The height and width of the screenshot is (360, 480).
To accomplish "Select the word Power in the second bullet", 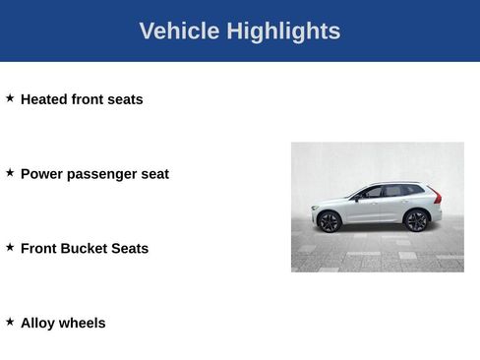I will point(42,174).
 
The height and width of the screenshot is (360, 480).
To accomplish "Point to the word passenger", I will point(103,174).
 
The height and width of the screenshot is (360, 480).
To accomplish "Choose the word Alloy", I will point(37,323).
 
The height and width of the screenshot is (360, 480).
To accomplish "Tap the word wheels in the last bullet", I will point(83,323).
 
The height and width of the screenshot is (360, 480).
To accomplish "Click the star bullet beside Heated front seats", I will point(10,98).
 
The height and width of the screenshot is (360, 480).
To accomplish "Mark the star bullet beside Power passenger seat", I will point(10,173).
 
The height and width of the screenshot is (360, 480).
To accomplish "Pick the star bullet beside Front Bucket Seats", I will point(10,247).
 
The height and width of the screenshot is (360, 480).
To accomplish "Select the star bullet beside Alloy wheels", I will point(10,322).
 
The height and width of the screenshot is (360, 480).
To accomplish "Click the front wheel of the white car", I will point(329,221).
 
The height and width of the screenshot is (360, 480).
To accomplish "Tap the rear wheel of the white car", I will point(416,220).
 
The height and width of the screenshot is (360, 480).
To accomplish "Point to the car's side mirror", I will point(357,196).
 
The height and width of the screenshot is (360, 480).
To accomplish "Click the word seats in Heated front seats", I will point(124,99).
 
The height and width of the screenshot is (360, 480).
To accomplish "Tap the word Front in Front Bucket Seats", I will point(38,249).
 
